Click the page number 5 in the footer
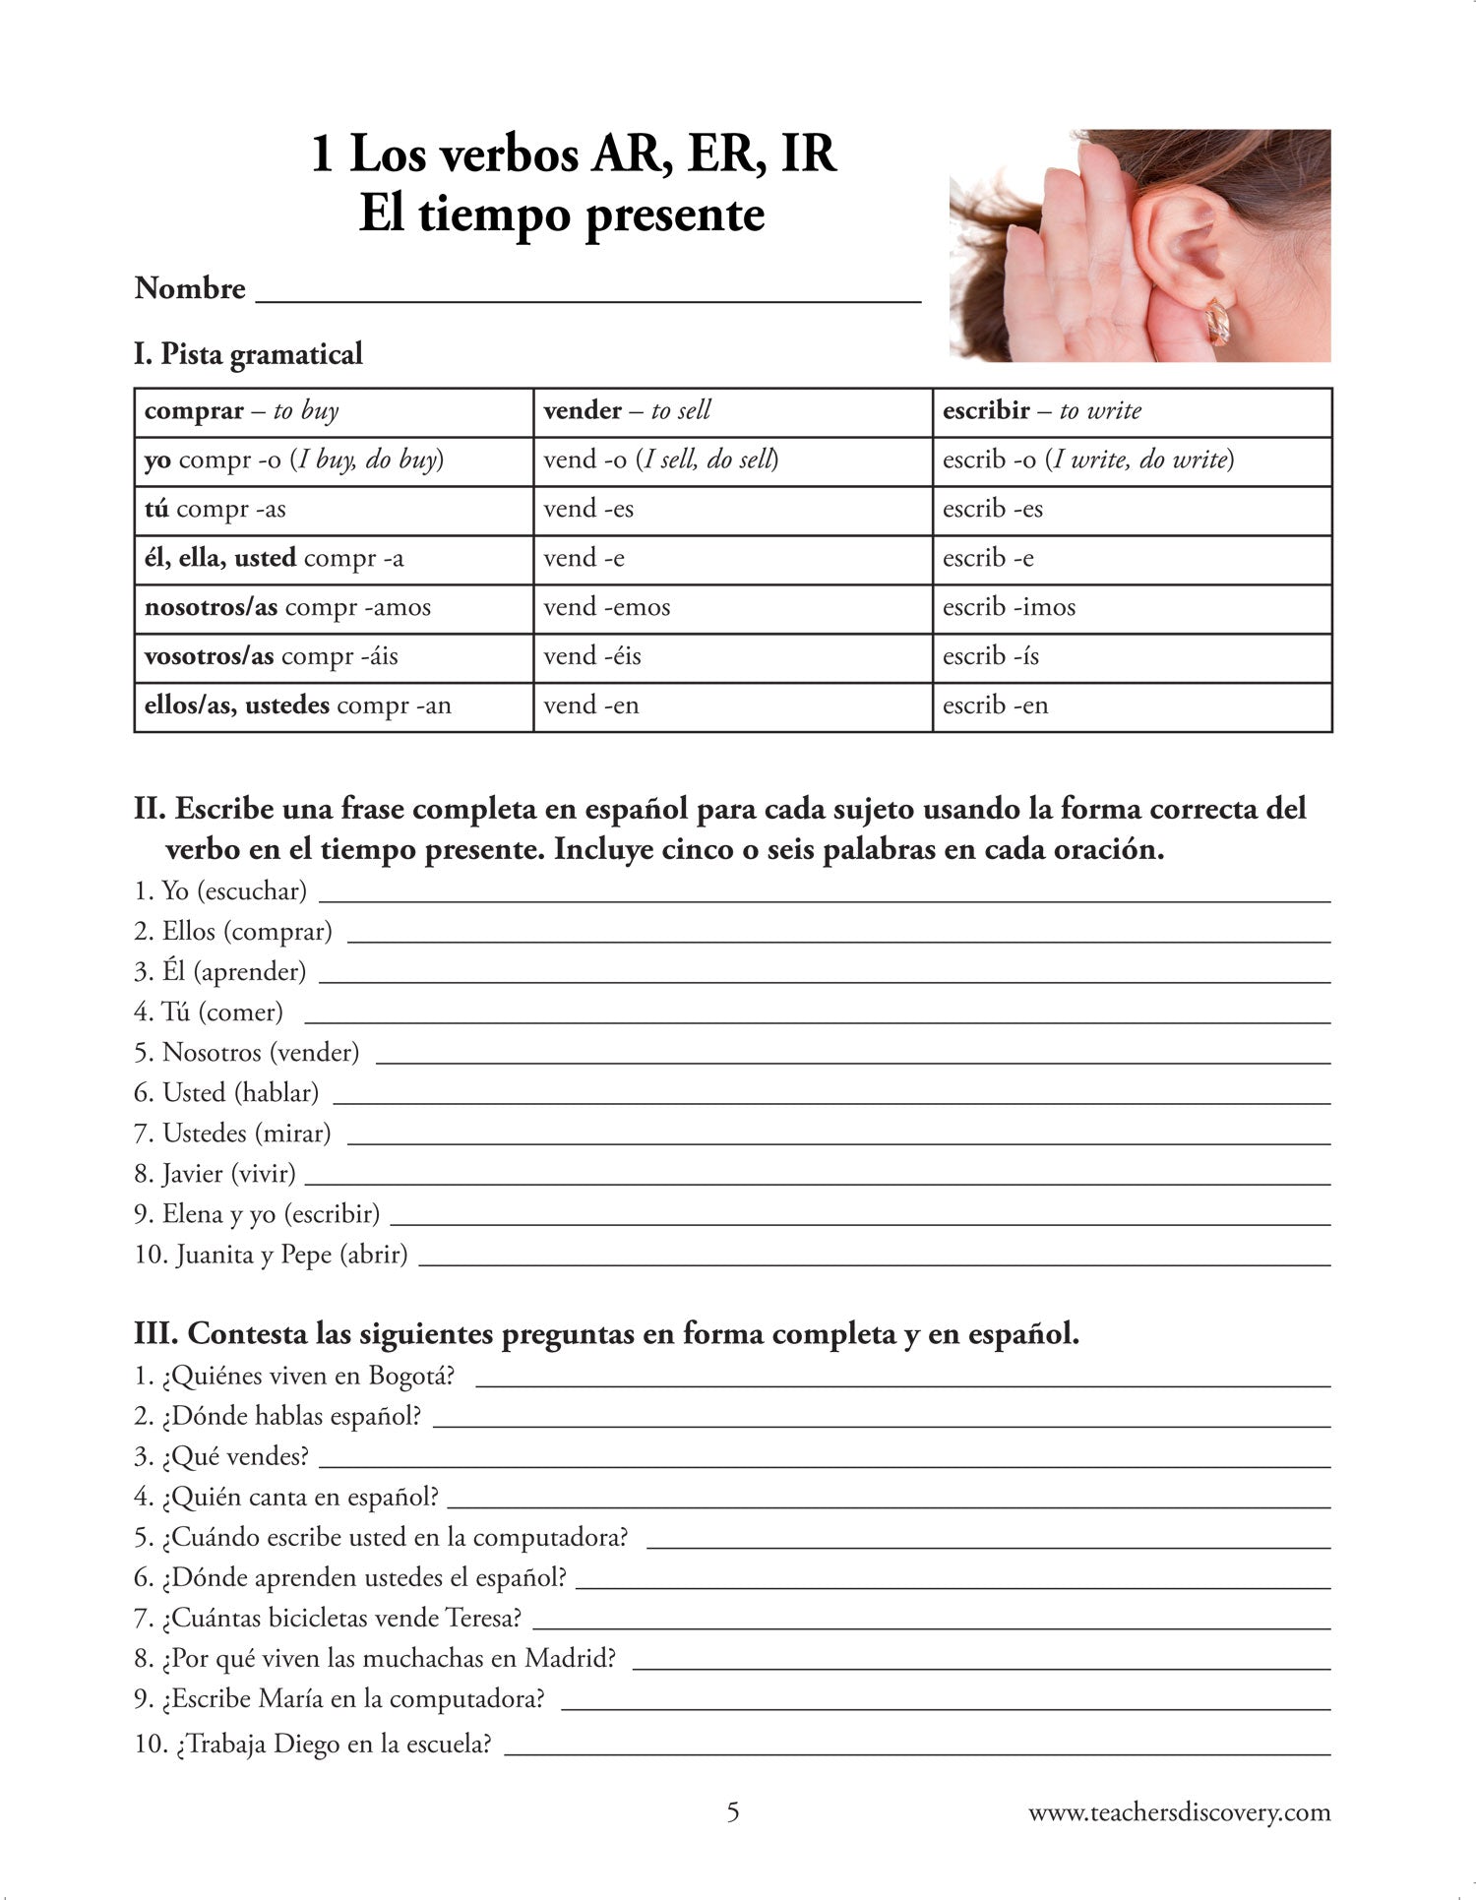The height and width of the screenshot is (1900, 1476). pos(732,1811)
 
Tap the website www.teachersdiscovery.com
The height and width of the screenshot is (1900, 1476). pos(1179,1811)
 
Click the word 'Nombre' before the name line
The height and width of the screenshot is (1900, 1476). pos(190,288)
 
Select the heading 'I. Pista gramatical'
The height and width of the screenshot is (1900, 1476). pos(248,353)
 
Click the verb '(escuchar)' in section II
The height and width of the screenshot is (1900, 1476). pos(252,891)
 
